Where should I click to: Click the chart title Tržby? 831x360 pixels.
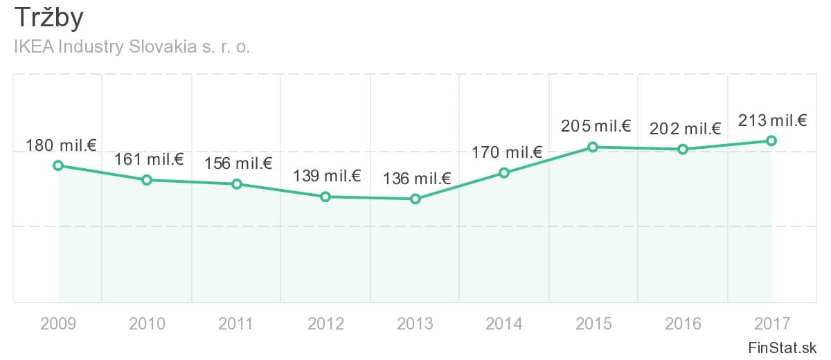[x=48, y=19]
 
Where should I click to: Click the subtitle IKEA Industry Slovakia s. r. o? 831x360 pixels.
[x=132, y=48]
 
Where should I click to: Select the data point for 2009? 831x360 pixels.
[x=58, y=165]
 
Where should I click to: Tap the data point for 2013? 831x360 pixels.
[x=415, y=199]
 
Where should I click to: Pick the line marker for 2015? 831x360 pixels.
[x=593, y=147]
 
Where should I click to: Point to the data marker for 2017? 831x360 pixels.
[x=771, y=141]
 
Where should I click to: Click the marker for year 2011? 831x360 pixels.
[x=237, y=184]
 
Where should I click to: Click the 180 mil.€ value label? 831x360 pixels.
[x=61, y=146]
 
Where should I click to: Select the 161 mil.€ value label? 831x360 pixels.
[x=148, y=161]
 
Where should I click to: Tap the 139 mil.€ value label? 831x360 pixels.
[x=327, y=177]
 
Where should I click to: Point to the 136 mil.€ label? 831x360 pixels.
[x=417, y=179]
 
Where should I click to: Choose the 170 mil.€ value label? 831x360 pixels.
[x=507, y=153]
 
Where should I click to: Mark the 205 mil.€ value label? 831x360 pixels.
[x=596, y=127]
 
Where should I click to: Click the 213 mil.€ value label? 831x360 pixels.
[x=773, y=121]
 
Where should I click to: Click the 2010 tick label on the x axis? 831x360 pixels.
[x=148, y=324]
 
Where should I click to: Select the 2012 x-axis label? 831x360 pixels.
[x=326, y=324]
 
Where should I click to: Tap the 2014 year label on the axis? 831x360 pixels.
[x=505, y=324]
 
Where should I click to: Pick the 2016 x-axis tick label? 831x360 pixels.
[x=683, y=324]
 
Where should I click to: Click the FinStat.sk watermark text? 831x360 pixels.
[x=783, y=348]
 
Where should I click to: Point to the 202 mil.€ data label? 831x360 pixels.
[x=686, y=129]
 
